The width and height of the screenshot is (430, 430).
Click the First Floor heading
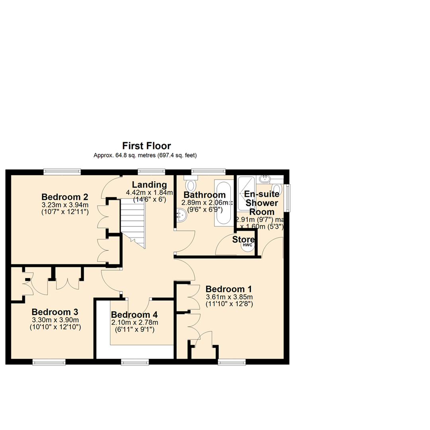click(146, 146)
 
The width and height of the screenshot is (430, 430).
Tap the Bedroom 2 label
click(65, 197)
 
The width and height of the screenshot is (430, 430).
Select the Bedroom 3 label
click(55, 312)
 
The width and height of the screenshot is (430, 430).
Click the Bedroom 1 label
click(229, 289)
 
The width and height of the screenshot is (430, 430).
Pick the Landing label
click(149, 185)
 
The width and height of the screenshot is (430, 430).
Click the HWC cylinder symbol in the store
click(248, 244)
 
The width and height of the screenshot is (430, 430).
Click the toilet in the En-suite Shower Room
click(276, 188)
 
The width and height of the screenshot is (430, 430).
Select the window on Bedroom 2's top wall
click(62, 172)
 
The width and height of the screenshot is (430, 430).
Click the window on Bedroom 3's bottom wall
click(49, 362)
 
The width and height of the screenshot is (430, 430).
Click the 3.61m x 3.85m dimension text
click(229, 297)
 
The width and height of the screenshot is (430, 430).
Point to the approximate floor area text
click(145, 155)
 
